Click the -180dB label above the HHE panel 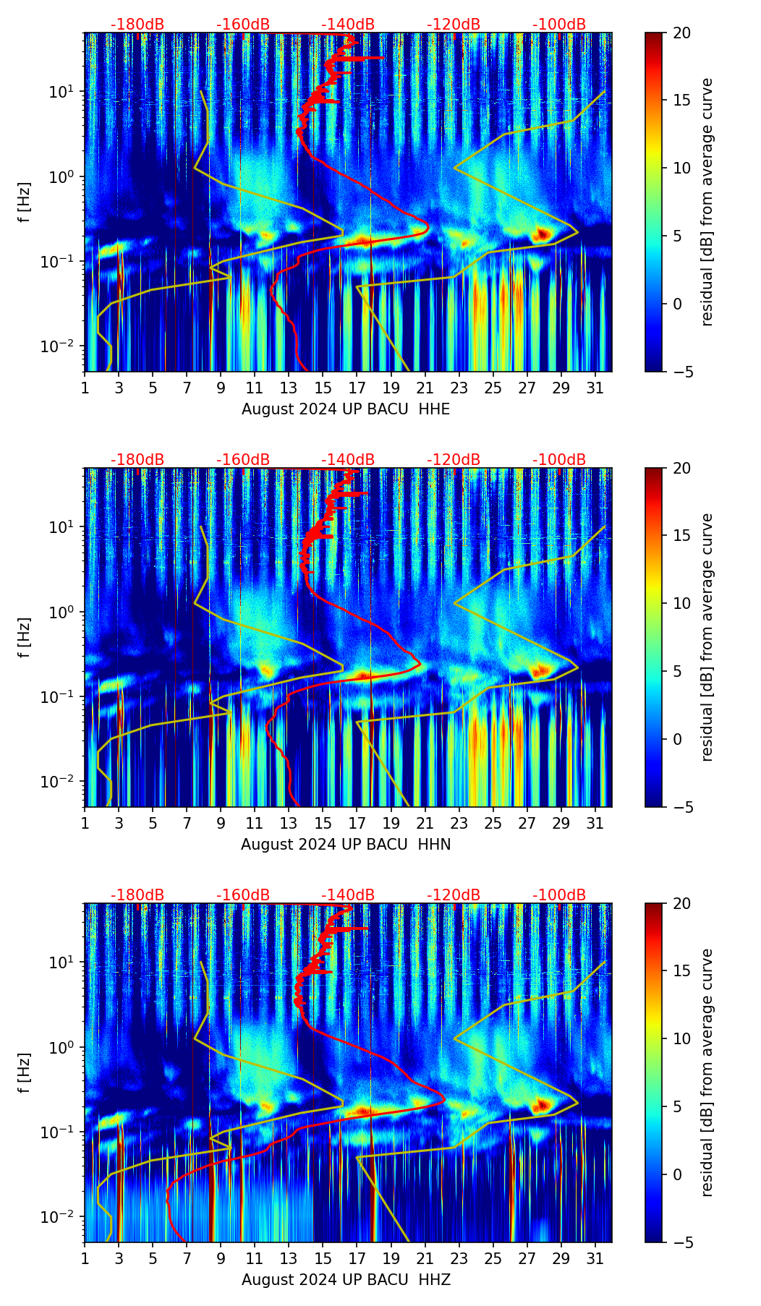(137, 25)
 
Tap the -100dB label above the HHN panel (559, 460)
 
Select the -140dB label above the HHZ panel (348, 895)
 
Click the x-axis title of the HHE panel (346, 409)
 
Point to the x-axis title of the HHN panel (346, 845)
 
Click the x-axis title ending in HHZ (346, 1280)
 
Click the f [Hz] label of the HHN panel (25, 637)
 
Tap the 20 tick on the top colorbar (682, 33)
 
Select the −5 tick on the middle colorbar (682, 807)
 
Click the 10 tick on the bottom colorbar (682, 1038)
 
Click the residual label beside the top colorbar (707, 202)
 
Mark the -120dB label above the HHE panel (454, 25)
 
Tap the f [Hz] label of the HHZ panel (25, 1072)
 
